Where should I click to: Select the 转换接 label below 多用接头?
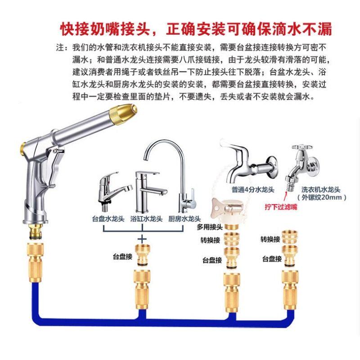pos(211,241)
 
